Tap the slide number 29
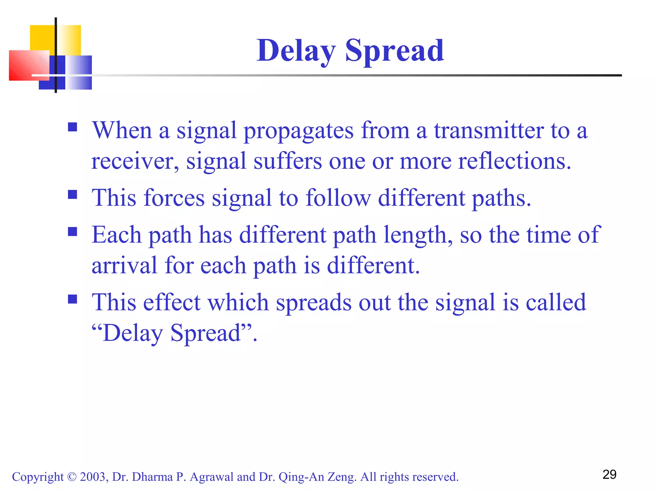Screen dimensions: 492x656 coord(609,474)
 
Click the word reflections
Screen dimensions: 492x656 coord(514,161)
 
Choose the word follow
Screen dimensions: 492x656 coord(338,198)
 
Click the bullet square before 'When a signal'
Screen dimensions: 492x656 coord(73,127)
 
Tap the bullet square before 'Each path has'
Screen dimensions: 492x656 coord(73,232)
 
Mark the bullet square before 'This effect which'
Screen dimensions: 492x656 coord(73,299)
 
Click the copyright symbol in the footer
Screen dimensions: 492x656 coord(72,477)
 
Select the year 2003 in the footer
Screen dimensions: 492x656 coord(93,477)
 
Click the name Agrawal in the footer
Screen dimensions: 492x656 coord(211,477)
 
